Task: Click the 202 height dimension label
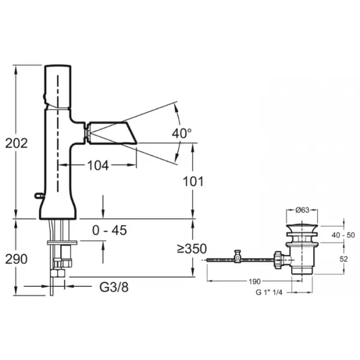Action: tap(17, 143)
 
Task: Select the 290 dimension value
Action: tap(16, 259)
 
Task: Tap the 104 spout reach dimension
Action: tap(98, 166)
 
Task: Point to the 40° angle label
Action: tap(182, 133)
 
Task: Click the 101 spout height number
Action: tap(193, 182)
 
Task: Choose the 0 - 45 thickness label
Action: tap(109, 230)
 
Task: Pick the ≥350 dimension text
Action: tap(192, 248)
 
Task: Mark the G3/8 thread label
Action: tap(114, 287)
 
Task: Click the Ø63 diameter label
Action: tap(302, 210)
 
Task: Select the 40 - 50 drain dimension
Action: tap(343, 235)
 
